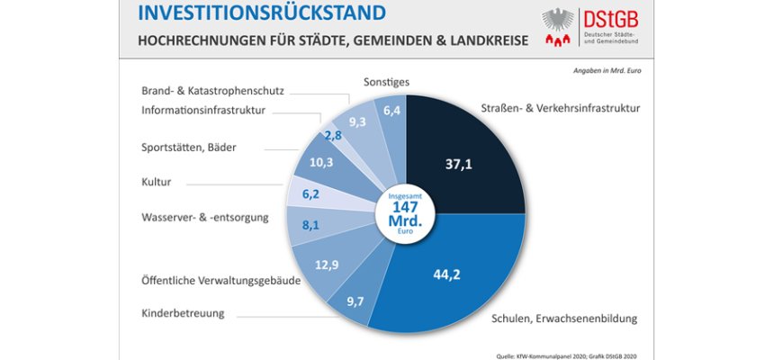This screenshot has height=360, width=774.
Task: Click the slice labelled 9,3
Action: click(357, 121)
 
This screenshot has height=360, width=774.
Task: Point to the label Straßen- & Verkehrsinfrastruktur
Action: click(560, 108)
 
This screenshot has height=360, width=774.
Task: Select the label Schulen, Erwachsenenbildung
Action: click(563, 318)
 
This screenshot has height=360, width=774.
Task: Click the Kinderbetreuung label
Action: click(183, 313)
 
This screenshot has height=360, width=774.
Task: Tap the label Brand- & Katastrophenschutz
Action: click(212, 91)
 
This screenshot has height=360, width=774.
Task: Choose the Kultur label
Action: click(158, 182)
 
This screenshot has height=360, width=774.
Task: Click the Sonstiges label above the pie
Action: click(388, 82)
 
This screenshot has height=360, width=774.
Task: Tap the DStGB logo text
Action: click(643, 19)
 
